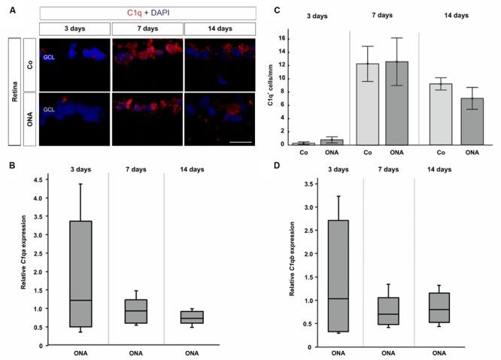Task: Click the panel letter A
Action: tap(6, 9)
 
